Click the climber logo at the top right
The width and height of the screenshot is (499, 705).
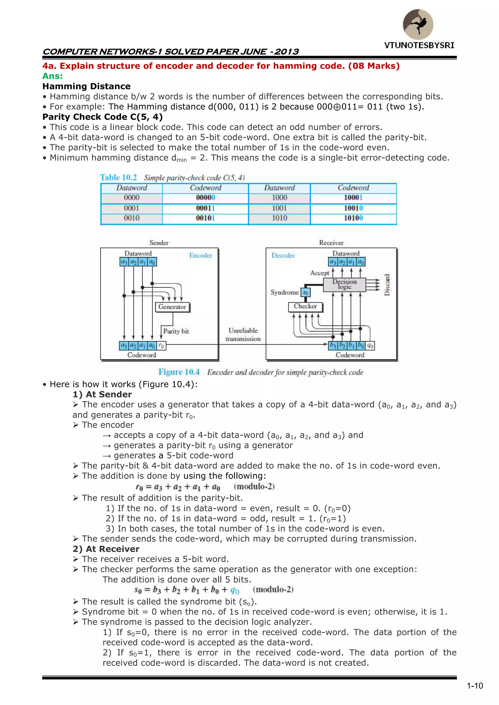click(418, 24)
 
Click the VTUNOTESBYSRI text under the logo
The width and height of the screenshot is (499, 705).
click(419, 46)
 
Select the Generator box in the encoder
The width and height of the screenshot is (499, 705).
click(172, 307)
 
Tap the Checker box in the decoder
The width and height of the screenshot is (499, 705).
click(305, 306)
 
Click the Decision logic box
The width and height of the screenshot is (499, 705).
click(345, 284)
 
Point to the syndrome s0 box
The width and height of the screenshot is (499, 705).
click(306, 292)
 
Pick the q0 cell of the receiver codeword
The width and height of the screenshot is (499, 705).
click(370, 346)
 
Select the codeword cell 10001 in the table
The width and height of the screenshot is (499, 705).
click(353, 198)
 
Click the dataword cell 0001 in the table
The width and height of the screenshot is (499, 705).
click(132, 208)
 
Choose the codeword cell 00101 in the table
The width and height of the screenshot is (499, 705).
click(205, 218)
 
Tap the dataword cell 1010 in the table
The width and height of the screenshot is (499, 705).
click(279, 218)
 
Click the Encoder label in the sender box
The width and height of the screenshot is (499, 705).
click(201, 255)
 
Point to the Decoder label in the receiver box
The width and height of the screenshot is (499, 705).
click(283, 255)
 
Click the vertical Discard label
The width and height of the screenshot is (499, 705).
click(387, 285)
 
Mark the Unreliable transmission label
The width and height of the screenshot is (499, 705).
click(243, 335)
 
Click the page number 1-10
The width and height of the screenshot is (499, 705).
click(475, 686)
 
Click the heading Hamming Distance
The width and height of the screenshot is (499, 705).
click(86, 86)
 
